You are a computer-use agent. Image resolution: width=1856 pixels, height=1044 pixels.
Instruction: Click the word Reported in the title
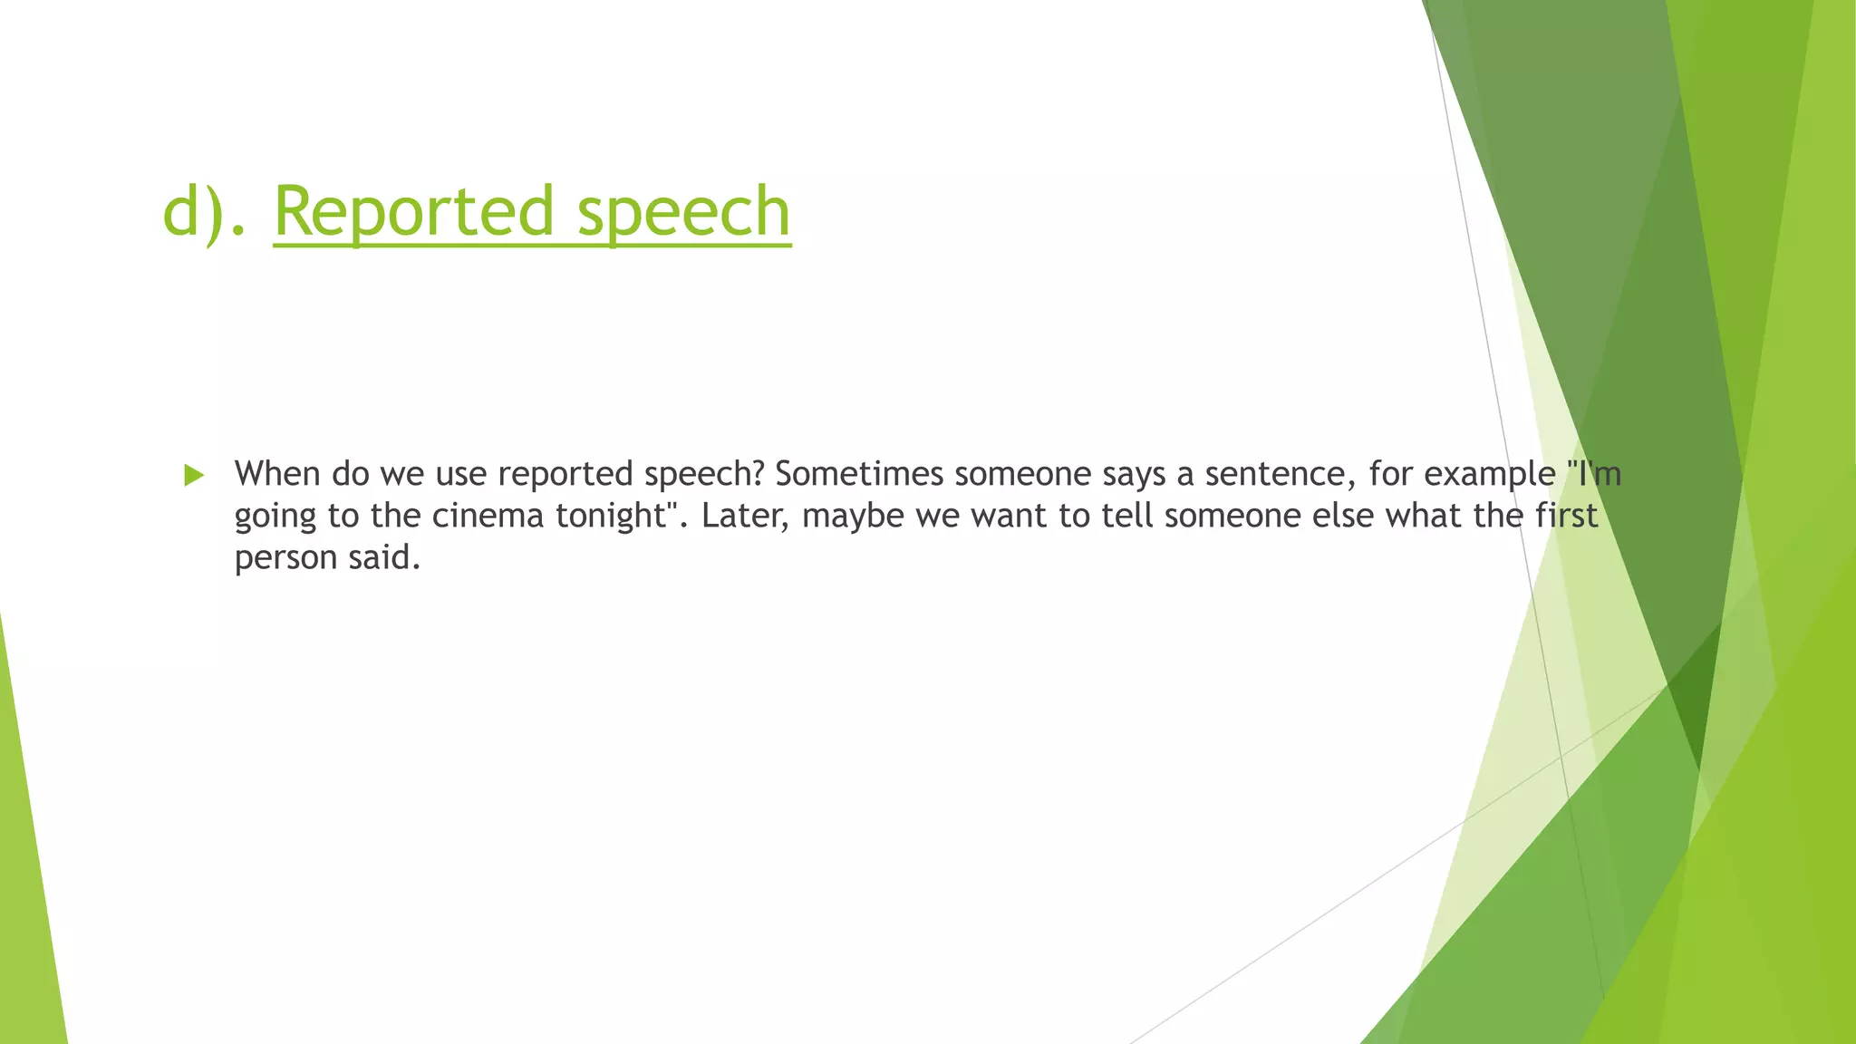pyautogui.click(x=412, y=212)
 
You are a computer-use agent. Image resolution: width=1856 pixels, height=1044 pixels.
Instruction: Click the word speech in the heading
pyautogui.click(x=683, y=212)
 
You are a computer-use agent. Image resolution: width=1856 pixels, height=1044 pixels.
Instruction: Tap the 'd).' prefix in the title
pyautogui.click(x=203, y=212)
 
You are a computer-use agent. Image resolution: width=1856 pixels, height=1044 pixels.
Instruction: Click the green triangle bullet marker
pyautogui.click(x=193, y=475)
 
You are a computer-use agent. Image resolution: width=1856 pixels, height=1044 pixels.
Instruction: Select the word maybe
pyautogui.click(x=853, y=516)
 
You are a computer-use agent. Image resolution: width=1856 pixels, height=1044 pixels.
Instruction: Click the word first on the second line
pyautogui.click(x=1565, y=516)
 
